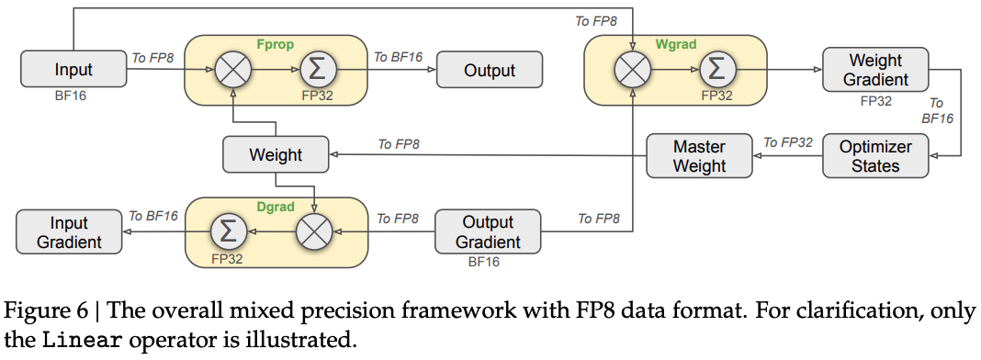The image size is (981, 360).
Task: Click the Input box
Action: [x=73, y=70]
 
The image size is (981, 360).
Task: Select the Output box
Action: [x=490, y=70]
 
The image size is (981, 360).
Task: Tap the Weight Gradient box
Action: [x=875, y=70]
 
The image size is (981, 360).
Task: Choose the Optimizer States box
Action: [x=875, y=155]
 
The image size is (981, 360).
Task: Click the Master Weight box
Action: [x=699, y=155]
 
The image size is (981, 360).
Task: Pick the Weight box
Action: [x=276, y=154]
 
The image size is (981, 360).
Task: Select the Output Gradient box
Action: [x=488, y=231]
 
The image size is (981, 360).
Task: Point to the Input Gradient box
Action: [x=70, y=231]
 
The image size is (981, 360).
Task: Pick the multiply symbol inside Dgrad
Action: [x=313, y=232]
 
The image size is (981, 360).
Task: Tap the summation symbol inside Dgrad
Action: [x=227, y=231]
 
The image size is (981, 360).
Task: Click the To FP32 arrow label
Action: [x=788, y=142]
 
